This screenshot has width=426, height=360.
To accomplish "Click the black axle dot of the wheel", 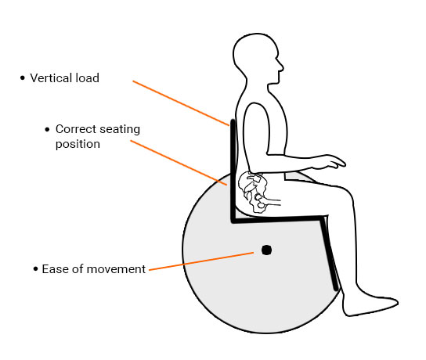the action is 266,250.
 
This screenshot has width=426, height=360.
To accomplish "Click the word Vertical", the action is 51,78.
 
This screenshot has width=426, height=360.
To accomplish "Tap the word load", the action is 87,78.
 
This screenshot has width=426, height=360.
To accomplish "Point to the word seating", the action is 119,130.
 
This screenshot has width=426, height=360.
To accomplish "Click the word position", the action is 78,144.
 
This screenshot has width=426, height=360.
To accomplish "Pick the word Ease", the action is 56,269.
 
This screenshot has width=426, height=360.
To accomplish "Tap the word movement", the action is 116,269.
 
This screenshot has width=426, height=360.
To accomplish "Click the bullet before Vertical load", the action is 23,78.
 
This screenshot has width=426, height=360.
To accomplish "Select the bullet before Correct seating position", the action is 47,129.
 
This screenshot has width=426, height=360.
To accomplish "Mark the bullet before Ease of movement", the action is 35,269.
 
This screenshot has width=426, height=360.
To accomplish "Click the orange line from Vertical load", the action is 181,103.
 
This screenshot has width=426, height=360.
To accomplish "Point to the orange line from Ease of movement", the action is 201,261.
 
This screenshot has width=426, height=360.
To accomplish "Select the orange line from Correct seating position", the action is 179,163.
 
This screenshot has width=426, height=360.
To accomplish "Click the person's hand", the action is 330,161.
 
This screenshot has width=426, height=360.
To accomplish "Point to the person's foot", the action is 370,304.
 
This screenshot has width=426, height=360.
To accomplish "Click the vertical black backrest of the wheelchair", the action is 233,170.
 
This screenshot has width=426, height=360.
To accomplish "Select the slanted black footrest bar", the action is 329,253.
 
